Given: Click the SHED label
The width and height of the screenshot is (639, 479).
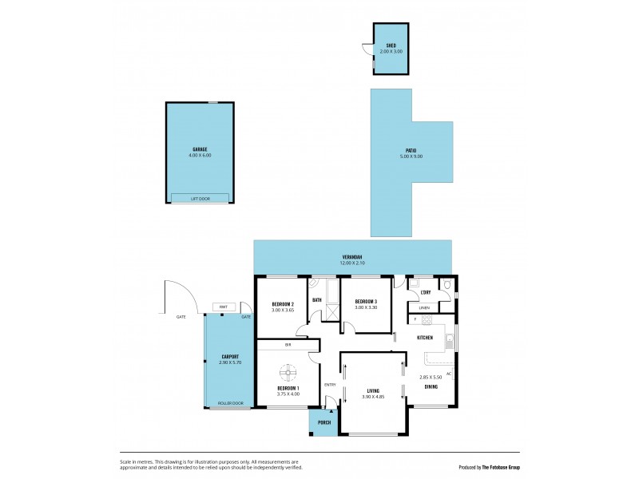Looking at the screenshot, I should tap(391, 46).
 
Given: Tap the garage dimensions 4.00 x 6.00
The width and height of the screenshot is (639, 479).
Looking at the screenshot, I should tap(200, 155).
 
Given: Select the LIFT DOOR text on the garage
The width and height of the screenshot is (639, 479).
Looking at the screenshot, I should tap(200, 198).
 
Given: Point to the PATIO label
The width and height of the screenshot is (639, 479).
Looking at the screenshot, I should tap(411, 150).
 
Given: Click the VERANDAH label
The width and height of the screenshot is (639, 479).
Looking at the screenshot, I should tap(352, 256).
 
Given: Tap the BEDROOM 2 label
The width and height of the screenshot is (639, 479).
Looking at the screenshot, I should tap(283, 304).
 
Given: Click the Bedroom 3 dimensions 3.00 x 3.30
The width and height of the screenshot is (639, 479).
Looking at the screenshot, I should tap(367, 307).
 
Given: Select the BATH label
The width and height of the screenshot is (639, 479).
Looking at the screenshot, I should tap(317, 300).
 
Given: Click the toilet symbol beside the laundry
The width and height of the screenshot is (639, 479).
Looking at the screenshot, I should tap(447, 285).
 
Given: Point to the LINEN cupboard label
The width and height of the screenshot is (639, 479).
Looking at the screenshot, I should tap(424, 307).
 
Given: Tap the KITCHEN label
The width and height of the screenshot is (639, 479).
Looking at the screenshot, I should tap(425, 338).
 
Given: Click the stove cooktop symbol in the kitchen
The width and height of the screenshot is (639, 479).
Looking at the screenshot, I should tap(427, 322).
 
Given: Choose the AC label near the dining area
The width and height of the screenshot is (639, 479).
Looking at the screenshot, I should tap(449, 374).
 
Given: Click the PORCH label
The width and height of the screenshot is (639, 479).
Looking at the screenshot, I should tap(324, 423).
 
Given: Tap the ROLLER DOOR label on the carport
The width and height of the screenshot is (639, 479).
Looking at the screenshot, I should tap(228, 404).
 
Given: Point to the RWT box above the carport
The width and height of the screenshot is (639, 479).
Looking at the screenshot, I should tap(223, 307).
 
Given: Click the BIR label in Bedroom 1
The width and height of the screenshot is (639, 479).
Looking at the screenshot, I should tap(287, 345).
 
